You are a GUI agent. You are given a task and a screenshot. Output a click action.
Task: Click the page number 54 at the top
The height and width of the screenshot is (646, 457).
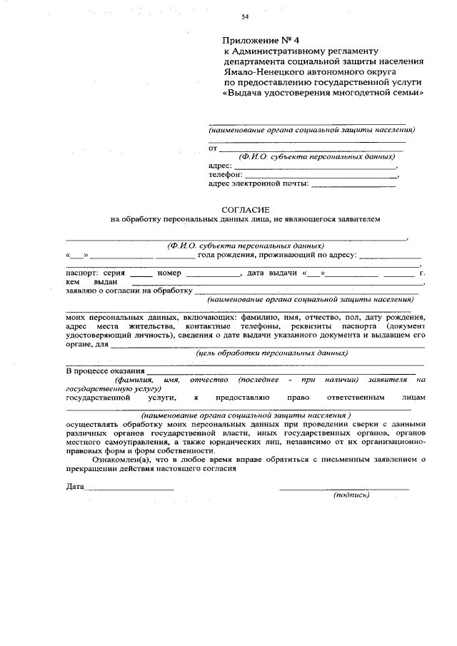(x=245, y=16)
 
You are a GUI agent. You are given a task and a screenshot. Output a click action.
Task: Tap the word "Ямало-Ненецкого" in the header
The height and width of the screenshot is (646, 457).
(x=258, y=71)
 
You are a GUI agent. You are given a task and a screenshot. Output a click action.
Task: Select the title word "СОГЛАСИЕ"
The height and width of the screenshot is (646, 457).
(x=245, y=210)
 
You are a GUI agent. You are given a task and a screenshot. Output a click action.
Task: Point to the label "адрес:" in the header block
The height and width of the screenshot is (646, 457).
(x=220, y=165)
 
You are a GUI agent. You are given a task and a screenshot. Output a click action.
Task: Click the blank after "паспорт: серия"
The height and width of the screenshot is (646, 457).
(x=141, y=273)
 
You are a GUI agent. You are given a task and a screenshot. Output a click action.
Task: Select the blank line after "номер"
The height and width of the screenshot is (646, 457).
(x=214, y=273)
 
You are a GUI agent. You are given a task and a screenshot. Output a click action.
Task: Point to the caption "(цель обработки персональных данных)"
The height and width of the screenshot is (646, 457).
(x=272, y=353)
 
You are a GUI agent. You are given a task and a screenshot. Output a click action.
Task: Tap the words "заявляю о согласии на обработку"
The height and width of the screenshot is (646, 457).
(x=129, y=291)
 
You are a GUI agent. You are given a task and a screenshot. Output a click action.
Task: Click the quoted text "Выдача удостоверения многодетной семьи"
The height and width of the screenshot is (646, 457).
(x=323, y=93)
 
